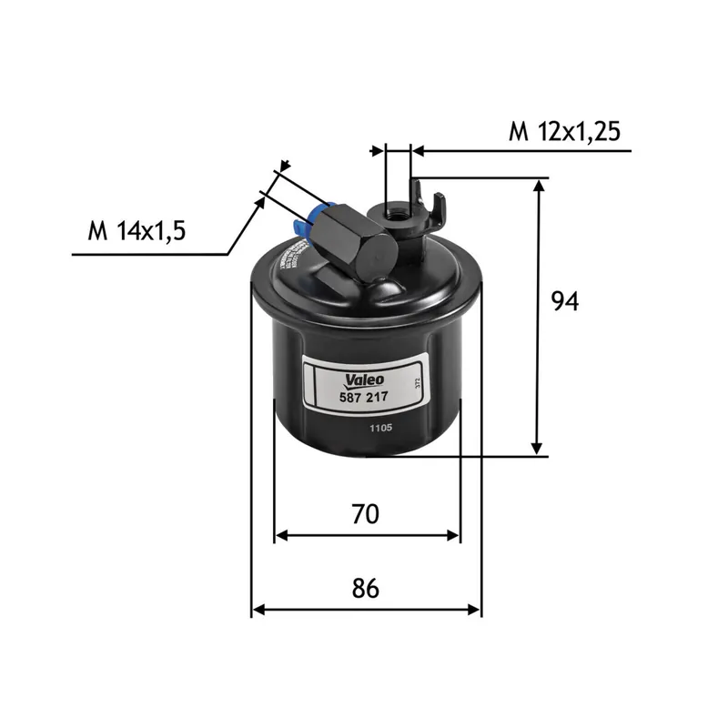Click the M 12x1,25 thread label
click(x=564, y=132)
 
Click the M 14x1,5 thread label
click(x=136, y=231)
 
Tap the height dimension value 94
click(x=565, y=301)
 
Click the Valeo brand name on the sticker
click(x=366, y=379)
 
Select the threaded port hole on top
click(x=397, y=213)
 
